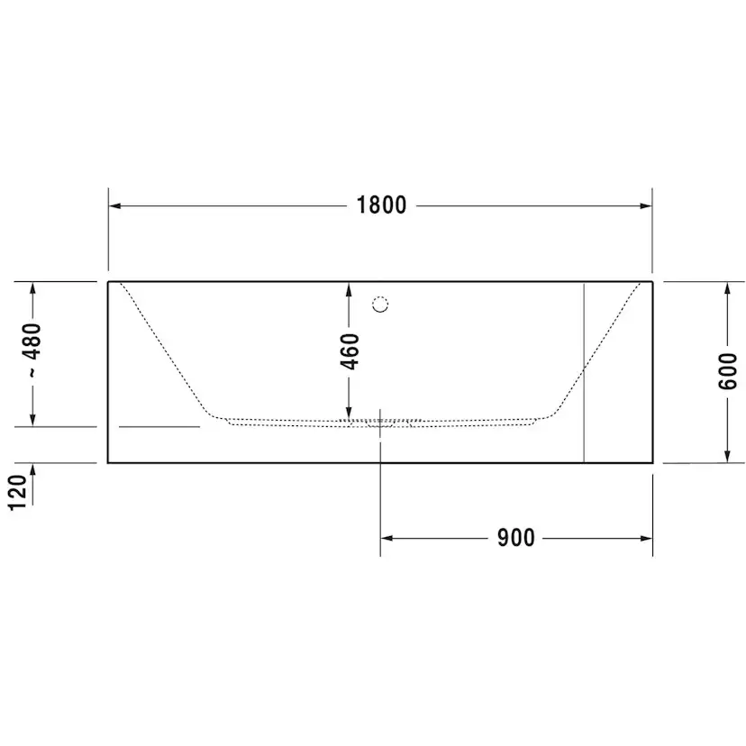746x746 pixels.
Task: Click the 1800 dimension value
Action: [x=381, y=205]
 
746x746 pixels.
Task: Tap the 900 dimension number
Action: [x=515, y=538]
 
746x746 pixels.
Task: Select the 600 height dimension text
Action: [x=727, y=370]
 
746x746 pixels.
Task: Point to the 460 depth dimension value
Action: [x=350, y=351]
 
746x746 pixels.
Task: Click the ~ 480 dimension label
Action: [x=32, y=350]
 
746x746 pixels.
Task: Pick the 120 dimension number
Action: [x=19, y=493]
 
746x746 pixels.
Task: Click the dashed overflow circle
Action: [x=380, y=304]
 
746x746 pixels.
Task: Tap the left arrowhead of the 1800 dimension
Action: [x=114, y=206]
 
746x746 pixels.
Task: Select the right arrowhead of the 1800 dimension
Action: [x=646, y=206]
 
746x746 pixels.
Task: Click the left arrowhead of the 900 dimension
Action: [x=387, y=538]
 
